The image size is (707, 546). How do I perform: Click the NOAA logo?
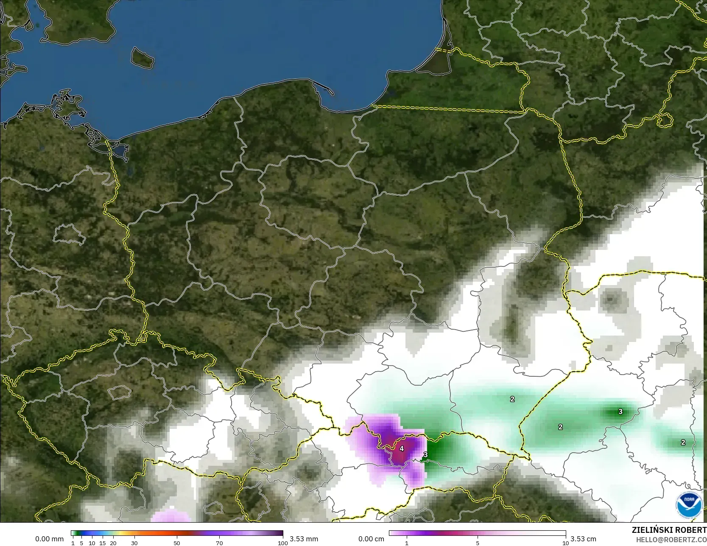pyautogui.click(x=689, y=504)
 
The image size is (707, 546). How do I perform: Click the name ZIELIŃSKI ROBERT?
pyautogui.click(x=669, y=530)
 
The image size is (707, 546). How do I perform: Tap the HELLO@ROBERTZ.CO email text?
pyautogui.click(x=671, y=539)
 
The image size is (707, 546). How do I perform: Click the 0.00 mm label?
pyautogui.click(x=49, y=539)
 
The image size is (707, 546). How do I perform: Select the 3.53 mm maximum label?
pyautogui.click(x=304, y=539)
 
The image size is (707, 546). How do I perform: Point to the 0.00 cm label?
pyautogui.click(x=371, y=539)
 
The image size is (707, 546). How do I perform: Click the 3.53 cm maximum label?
pyautogui.click(x=583, y=539)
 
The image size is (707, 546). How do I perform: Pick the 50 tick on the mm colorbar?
pyautogui.click(x=177, y=543)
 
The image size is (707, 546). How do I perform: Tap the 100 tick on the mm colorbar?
pyautogui.click(x=282, y=543)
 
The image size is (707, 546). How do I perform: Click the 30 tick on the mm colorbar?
pyautogui.click(x=134, y=543)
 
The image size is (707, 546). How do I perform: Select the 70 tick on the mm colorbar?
pyautogui.click(x=219, y=543)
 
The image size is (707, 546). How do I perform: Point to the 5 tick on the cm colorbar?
pyautogui.click(x=478, y=543)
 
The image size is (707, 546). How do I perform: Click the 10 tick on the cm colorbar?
pyautogui.click(x=565, y=543)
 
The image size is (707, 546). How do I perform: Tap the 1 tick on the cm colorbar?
pyautogui.click(x=407, y=543)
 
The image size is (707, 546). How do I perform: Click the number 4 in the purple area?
pyautogui.click(x=402, y=448)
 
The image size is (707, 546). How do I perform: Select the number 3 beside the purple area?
pyautogui.click(x=425, y=454)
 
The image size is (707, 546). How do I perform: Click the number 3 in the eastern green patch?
pyautogui.click(x=620, y=412)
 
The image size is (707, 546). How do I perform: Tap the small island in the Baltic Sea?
pyautogui.click(x=142, y=58)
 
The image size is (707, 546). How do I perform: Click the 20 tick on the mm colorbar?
pyautogui.click(x=113, y=543)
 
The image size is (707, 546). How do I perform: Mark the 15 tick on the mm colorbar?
pyautogui.click(x=103, y=543)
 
